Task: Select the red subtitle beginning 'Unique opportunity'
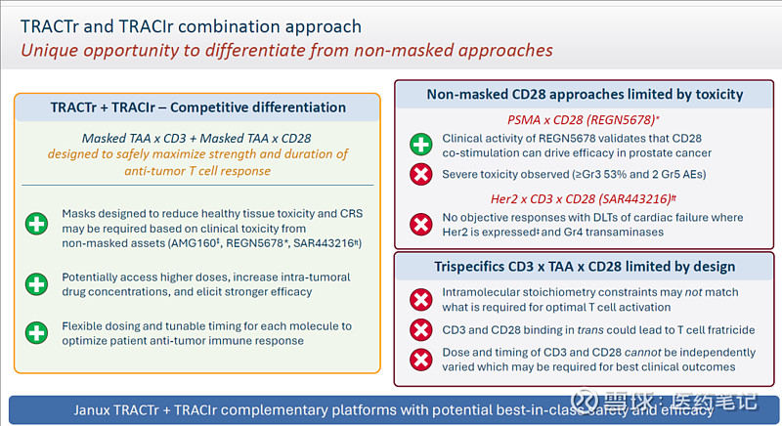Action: (287, 50)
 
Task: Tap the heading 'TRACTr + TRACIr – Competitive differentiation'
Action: (198, 106)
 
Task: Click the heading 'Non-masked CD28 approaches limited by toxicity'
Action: (585, 95)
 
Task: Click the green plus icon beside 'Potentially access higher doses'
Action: (35, 285)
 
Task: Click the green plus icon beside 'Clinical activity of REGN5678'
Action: (420, 146)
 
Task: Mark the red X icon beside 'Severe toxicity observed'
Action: (420, 174)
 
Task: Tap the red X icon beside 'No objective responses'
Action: (420, 225)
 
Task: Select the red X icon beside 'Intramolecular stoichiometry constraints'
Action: (420, 300)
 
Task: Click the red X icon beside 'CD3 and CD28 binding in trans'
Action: (420, 330)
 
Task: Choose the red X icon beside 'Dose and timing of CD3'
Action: (420, 359)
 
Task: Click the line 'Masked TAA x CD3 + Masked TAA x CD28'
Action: (197, 138)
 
